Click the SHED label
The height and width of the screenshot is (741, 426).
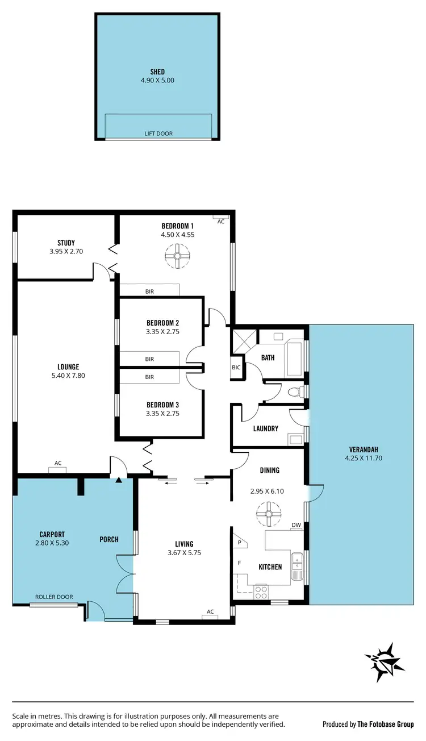(157, 72)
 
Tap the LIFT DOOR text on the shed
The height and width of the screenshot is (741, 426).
(158, 134)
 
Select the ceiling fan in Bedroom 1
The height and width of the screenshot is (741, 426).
(177, 256)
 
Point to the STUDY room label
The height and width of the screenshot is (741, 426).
(66, 243)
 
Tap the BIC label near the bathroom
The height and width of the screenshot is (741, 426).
(236, 368)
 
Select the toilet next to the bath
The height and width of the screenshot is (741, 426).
(295, 392)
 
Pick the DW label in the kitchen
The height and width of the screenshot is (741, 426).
(296, 524)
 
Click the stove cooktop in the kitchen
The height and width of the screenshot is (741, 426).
(261, 591)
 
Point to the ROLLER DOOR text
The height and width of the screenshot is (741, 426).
(54, 597)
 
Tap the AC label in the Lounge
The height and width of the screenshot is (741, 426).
(58, 463)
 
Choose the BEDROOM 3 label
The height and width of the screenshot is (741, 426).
(162, 405)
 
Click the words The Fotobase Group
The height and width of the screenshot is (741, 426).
(386, 725)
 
